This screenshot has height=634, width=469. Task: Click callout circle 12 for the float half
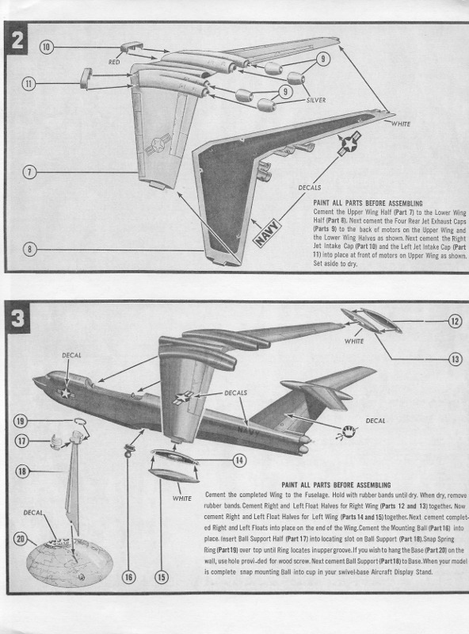pyautogui.click(x=455, y=321)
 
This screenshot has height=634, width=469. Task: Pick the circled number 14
pyautogui.click(x=238, y=459)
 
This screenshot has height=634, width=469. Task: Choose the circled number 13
pyautogui.click(x=455, y=359)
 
